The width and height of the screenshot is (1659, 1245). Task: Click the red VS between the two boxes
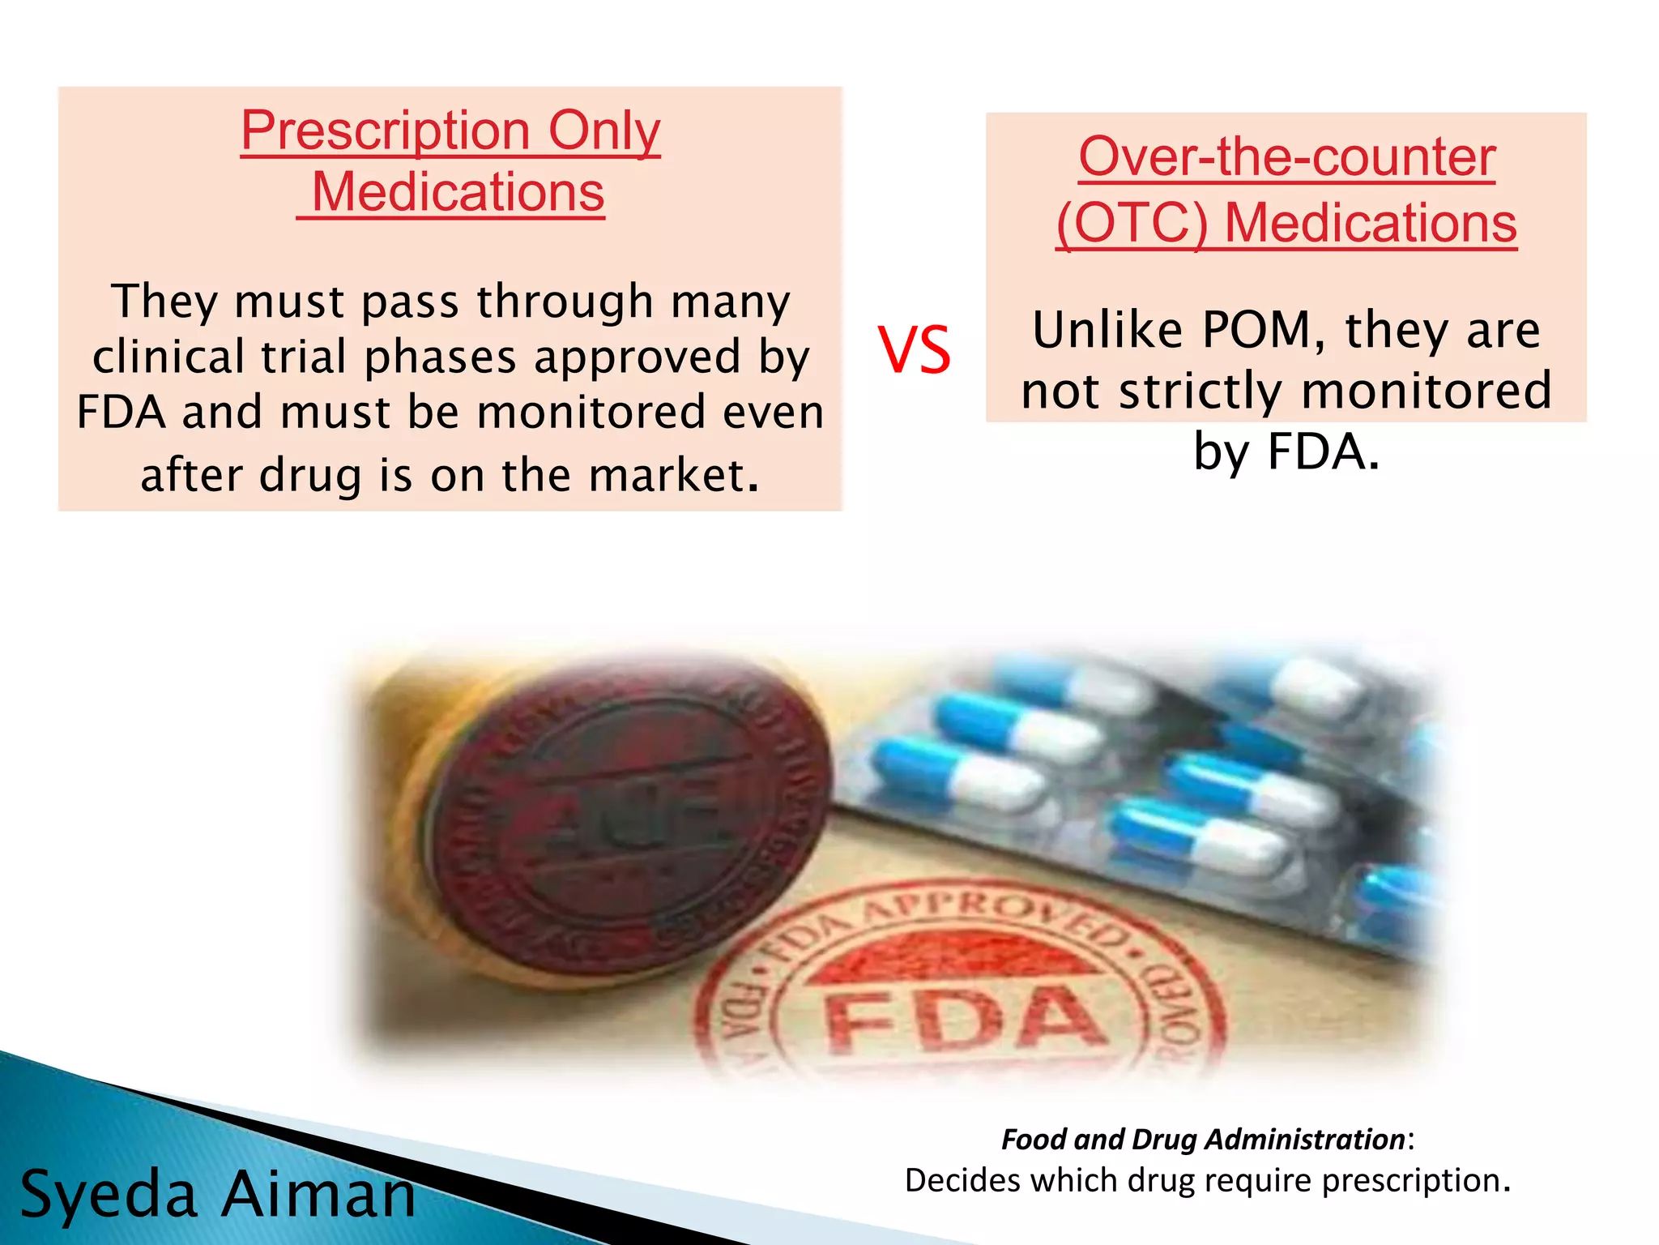(x=915, y=350)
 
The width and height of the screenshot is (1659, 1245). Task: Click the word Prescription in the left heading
(x=386, y=130)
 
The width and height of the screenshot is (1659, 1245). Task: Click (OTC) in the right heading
(x=1132, y=223)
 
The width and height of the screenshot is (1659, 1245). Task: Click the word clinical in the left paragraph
(x=168, y=357)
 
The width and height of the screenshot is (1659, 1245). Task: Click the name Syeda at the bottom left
(x=109, y=1195)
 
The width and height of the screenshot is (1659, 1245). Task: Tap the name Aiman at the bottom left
(x=318, y=1195)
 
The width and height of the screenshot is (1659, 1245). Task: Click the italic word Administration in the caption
(x=1307, y=1140)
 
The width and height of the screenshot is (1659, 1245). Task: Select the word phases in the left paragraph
(x=440, y=357)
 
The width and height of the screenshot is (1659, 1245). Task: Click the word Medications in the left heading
(x=458, y=193)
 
